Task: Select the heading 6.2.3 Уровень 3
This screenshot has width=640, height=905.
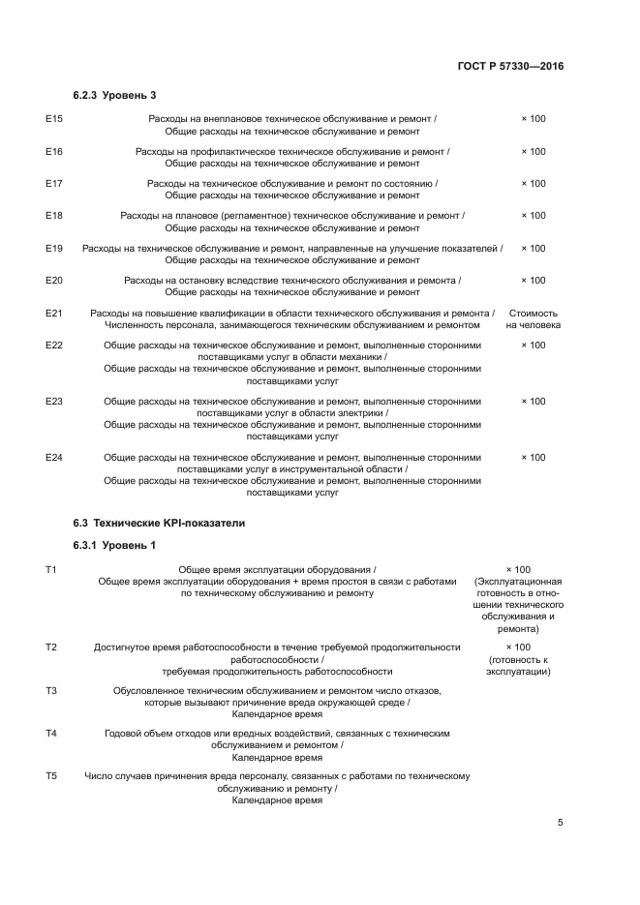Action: point(114,95)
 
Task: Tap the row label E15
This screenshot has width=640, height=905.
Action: point(54,119)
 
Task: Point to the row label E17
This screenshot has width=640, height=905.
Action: point(54,184)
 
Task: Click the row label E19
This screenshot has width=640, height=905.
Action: point(54,249)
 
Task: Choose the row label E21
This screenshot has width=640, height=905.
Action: point(54,314)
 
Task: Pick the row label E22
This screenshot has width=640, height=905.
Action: point(54,346)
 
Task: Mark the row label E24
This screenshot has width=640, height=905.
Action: point(54,457)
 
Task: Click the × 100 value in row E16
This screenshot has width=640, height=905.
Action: point(533,152)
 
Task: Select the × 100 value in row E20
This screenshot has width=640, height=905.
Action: point(533,281)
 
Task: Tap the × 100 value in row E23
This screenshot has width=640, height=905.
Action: point(533,402)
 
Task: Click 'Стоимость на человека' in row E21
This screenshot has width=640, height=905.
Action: point(533,319)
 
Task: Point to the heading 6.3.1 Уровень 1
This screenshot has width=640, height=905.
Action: point(114,546)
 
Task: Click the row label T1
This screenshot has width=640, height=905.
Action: point(51,570)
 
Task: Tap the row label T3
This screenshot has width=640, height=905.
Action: point(51,690)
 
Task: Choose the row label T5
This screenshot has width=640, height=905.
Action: point(51,777)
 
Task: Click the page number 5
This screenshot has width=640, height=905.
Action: point(560,823)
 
